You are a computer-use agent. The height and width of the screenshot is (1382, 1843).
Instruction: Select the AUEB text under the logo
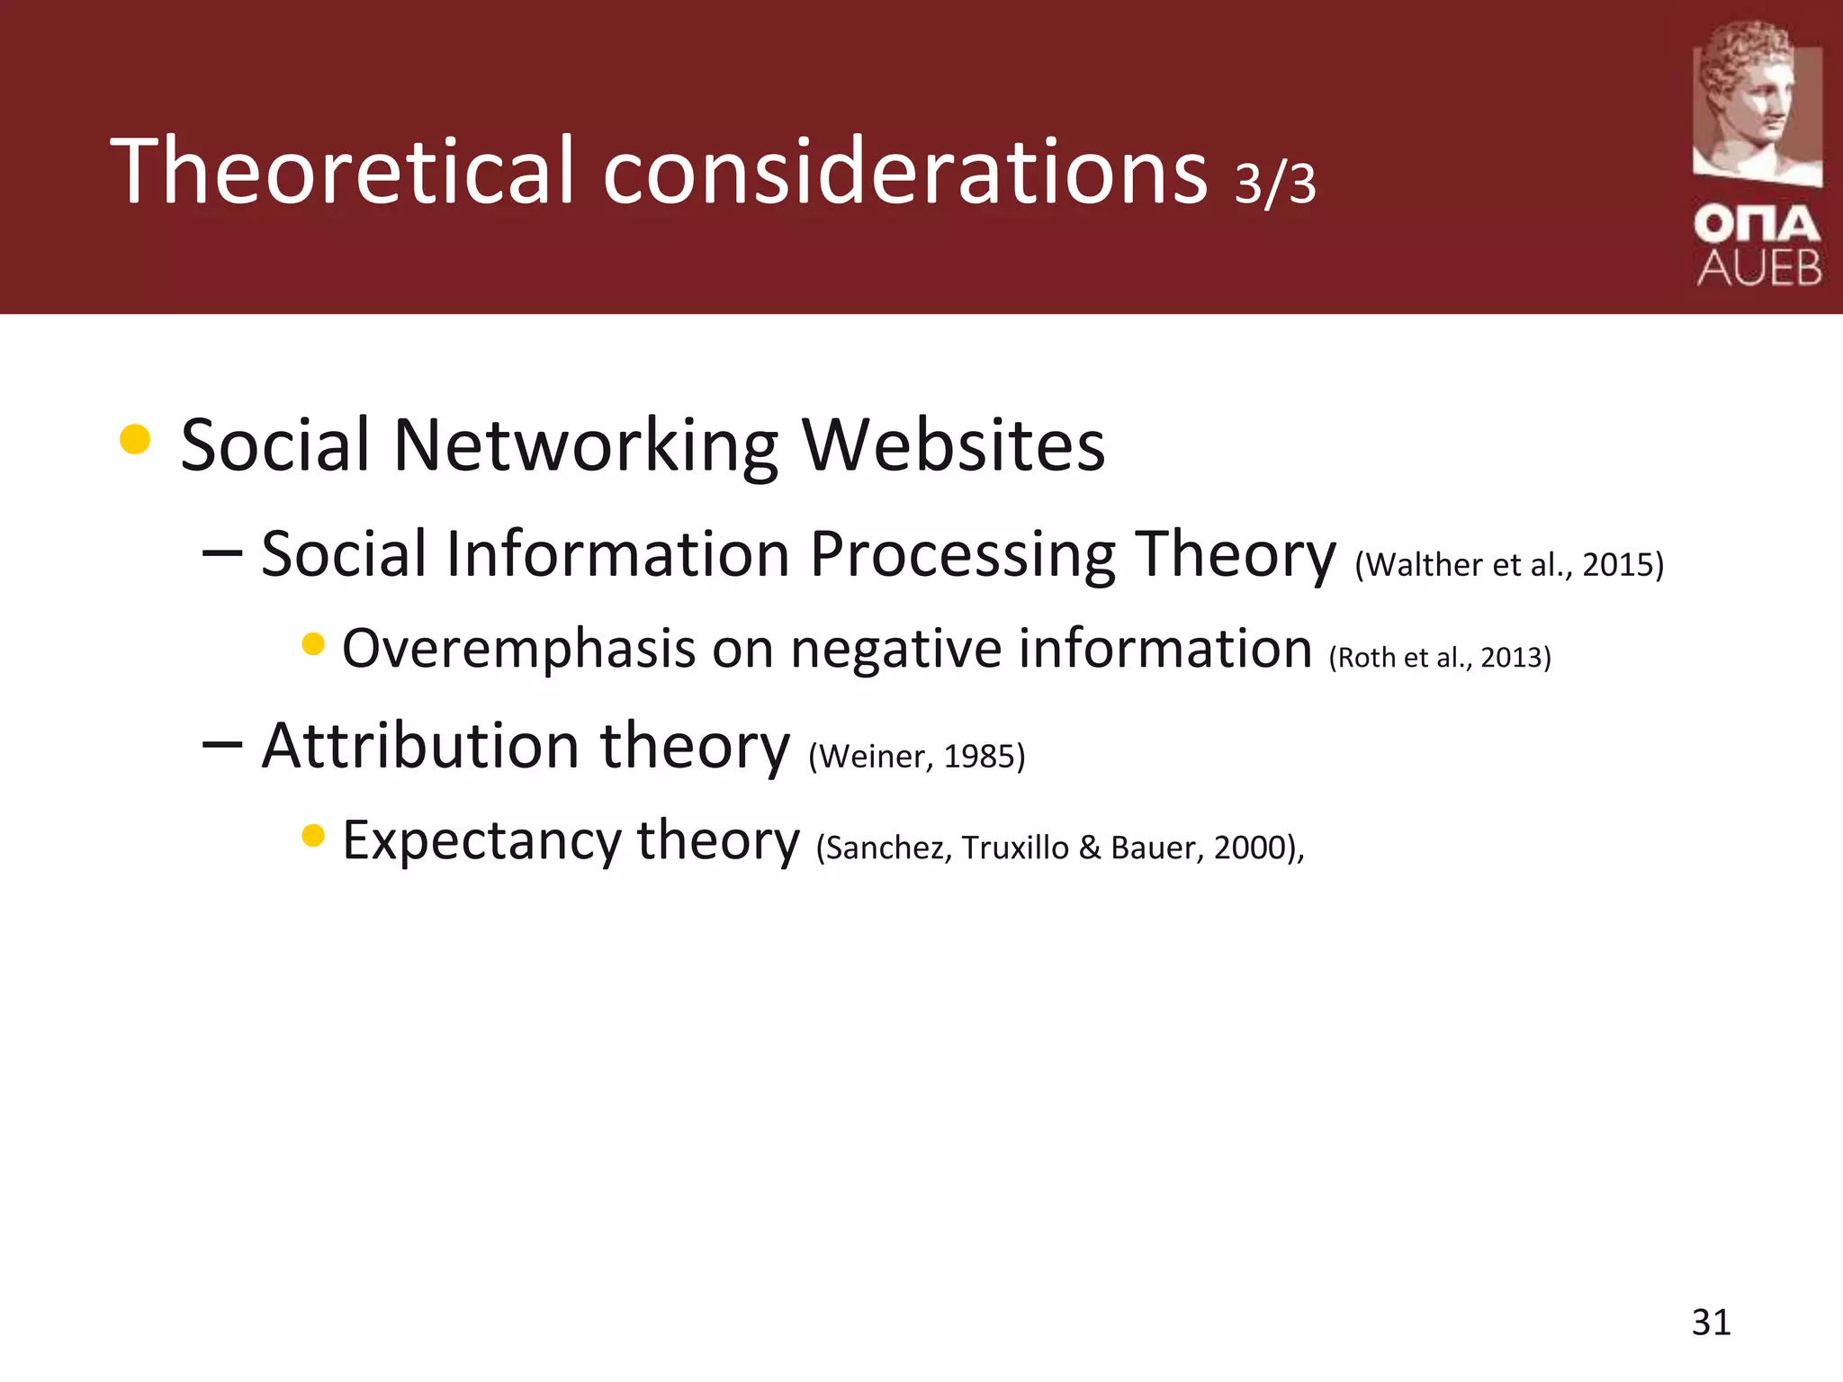point(1759,268)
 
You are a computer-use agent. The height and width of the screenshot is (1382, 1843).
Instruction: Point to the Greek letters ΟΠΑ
point(1757,224)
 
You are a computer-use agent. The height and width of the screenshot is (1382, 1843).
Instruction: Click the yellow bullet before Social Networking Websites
point(135,439)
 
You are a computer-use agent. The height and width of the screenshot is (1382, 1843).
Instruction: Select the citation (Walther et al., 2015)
point(1509,565)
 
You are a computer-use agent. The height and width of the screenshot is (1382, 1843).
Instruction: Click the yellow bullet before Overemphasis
point(313,644)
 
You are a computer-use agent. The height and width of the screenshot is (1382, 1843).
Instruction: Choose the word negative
point(895,649)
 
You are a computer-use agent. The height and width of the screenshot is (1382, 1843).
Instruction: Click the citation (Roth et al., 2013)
point(1440,658)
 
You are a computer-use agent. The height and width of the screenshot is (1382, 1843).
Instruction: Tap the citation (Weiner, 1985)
point(917,757)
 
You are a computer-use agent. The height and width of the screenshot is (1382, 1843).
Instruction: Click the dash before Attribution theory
point(222,745)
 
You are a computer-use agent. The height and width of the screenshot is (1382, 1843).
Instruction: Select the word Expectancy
point(481,841)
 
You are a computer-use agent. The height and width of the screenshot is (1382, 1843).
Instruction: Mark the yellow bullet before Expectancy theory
point(313,836)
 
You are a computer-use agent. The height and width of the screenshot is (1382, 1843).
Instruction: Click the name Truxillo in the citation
point(1014,848)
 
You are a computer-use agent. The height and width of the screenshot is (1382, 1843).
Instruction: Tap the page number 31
point(1711,1323)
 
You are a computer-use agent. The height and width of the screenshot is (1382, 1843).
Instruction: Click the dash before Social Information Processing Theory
point(222,553)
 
